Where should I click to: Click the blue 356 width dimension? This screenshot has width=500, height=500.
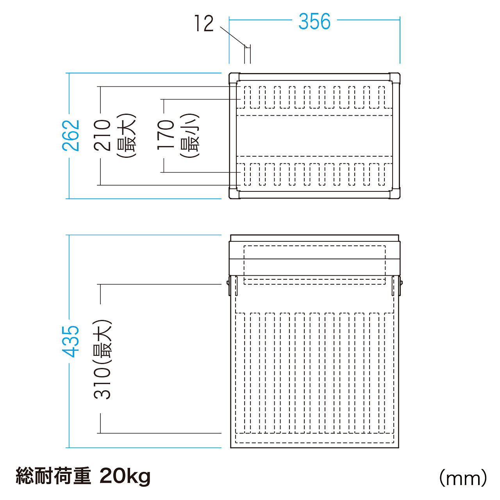coord(314,21)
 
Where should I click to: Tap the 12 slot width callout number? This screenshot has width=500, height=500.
coord(204,23)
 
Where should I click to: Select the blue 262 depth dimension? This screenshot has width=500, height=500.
coord(71,136)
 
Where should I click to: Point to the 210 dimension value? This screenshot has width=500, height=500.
coord(102,135)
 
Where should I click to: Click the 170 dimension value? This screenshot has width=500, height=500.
coord(166,135)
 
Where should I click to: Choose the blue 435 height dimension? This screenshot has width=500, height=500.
coord(71,341)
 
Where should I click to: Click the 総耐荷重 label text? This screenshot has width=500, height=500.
coord(54,476)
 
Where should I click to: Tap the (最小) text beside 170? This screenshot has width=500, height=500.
coord(189,135)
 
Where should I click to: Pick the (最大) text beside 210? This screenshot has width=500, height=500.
coord(126,136)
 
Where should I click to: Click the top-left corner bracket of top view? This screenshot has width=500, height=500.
coord(234,78)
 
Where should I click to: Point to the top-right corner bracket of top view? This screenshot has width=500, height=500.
coord(395,78)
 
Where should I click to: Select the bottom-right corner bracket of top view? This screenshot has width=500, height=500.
coord(395,194)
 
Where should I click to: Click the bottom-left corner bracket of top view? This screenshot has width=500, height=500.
coord(234,194)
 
